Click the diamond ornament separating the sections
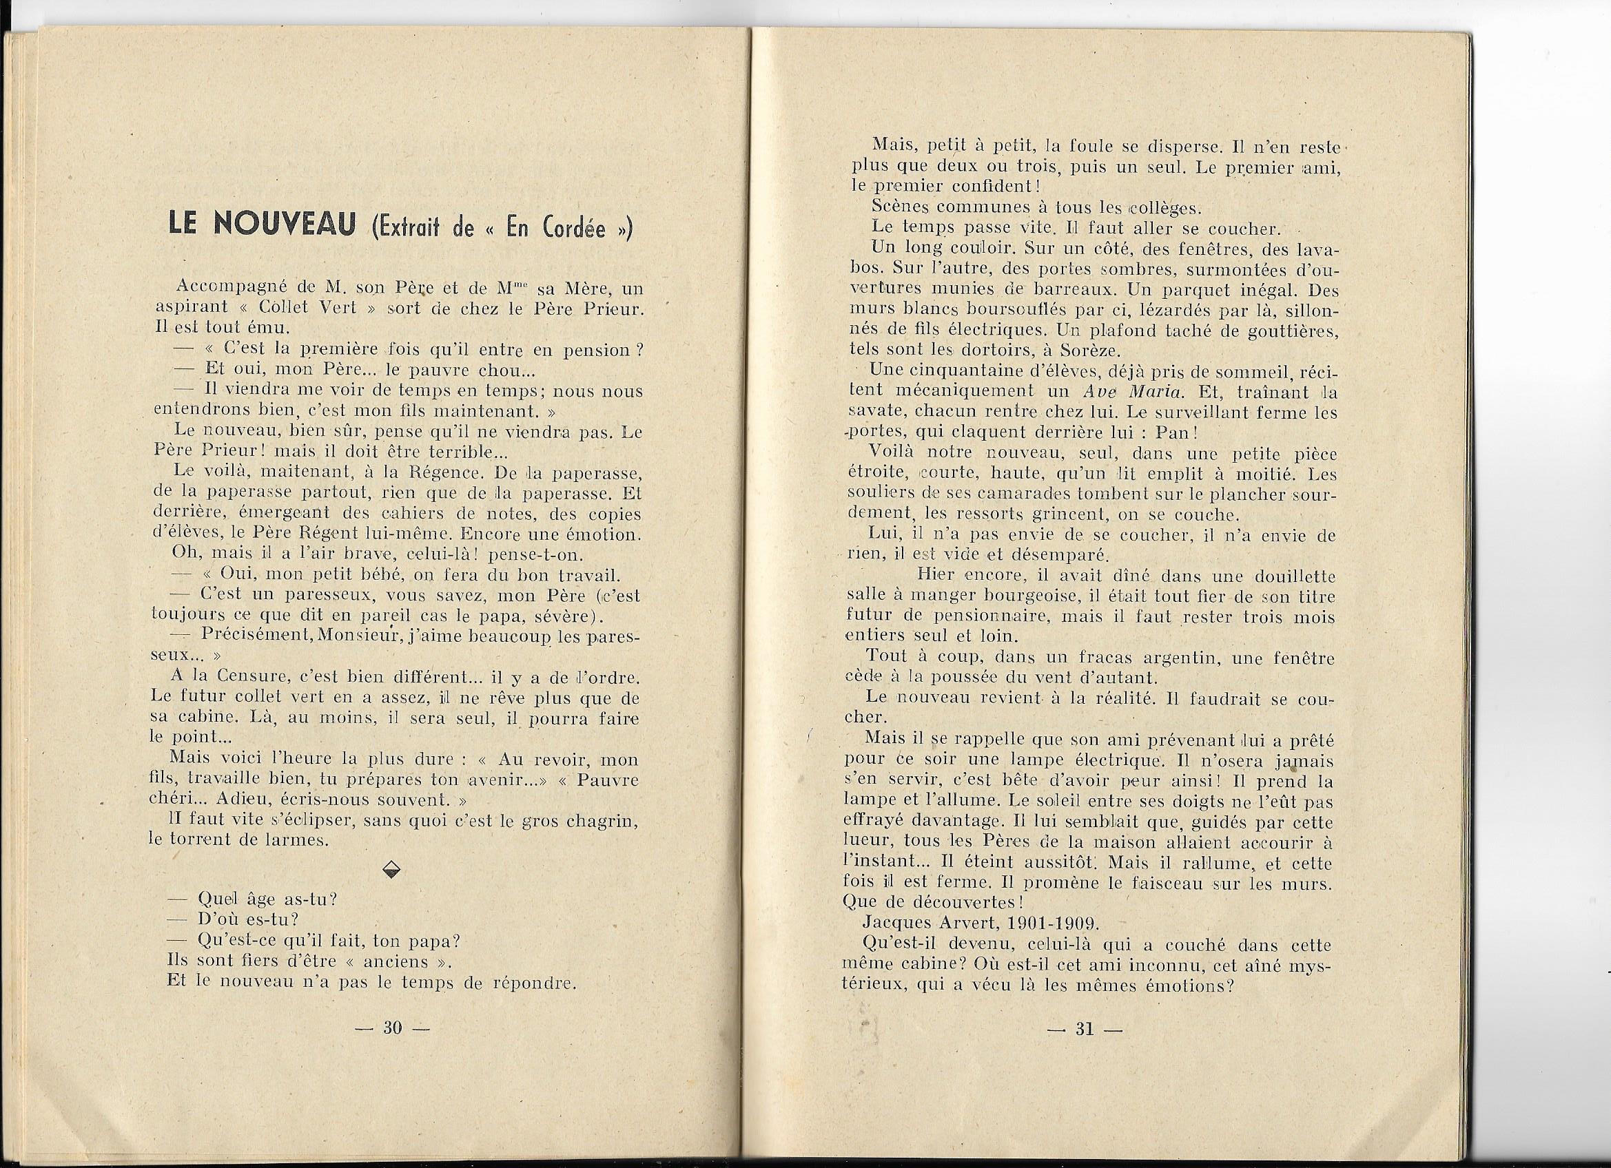391,871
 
